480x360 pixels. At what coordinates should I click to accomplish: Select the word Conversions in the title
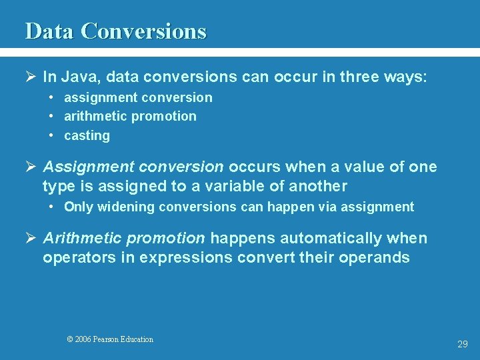tap(143, 31)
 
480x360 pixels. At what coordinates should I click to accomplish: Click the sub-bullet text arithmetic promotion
tap(130, 116)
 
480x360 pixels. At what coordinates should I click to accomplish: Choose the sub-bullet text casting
tap(87, 135)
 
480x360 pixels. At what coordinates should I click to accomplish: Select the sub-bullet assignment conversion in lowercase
tap(138, 97)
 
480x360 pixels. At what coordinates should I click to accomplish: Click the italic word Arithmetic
tap(83, 238)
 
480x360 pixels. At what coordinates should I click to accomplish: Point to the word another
tap(317, 186)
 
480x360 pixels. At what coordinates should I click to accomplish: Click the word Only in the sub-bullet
tap(77, 207)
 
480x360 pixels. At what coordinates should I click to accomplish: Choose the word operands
tap(376, 257)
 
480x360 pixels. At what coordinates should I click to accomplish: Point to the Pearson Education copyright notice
tap(110, 339)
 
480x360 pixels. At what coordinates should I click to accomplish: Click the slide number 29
tap(462, 344)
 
